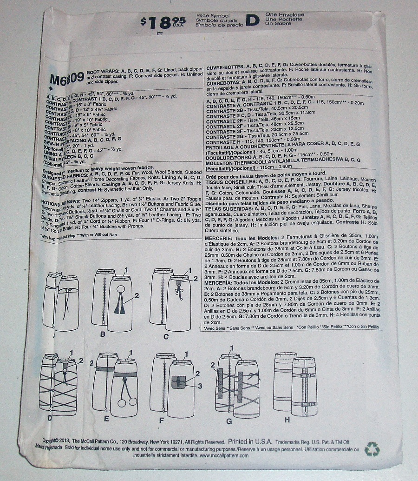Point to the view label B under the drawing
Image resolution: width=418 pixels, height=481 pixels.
[103, 334]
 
